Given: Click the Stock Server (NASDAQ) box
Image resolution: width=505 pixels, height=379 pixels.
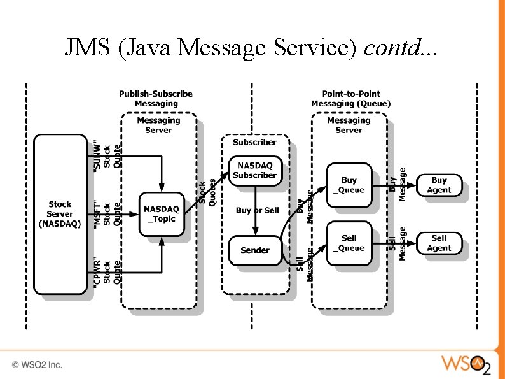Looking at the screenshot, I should pyautogui.click(x=60, y=214).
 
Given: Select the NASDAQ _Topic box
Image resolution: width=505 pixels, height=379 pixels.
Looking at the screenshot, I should pyautogui.click(x=162, y=214).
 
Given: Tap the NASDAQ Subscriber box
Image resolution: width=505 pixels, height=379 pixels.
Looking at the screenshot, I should pyautogui.click(x=254, y=170).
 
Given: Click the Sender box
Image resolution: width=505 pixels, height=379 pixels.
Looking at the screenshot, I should pyautogui.click(x=254, y=250).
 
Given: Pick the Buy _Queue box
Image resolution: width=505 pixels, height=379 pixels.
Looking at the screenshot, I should pyautogui.click(x=349, y=185).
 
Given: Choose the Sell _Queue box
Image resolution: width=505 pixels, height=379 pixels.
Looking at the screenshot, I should pyautogui.click(x=349, y=243).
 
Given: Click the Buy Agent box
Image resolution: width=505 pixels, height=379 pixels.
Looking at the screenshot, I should pyautogui.click(x=439, y=185).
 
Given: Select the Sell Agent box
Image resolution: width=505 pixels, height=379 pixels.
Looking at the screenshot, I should pyautogui.click(x=439, y=243).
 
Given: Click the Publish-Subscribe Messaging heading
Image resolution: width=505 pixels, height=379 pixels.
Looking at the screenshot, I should pyautogui.click(x=156, y=99).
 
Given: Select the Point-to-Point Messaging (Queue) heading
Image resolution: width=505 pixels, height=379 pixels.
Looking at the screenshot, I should pyautogui.click(x=351, y=99).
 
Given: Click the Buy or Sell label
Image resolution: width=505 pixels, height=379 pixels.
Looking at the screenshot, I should pyautogui.click(x=258, y=210).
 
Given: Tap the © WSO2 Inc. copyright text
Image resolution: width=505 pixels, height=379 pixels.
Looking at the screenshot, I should pyautogui.click(x=37, y=365).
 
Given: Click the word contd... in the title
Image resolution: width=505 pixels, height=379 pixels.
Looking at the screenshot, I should pyautogui.click(x=401, y=48).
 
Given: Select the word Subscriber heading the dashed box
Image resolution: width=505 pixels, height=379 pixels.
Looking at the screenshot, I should pyautogui.click(x=254, y=142).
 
